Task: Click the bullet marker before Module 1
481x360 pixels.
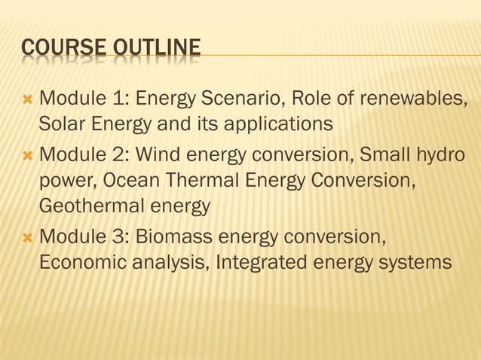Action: coord(27,99)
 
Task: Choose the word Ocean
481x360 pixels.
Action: coord(129,182)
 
